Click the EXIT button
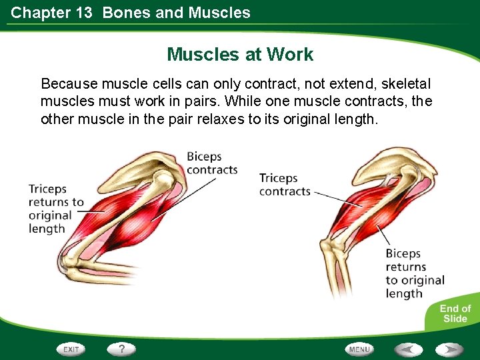(x=71, y=349)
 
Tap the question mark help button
(x=121, y=349)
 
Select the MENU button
(x=359, y=349)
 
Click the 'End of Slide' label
(x=455, y=313)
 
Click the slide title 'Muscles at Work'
(x=240, y=54)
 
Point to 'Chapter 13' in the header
(x=51, y=13)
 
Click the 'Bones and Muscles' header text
(x=177, y=13)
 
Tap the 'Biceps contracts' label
(x=211, y=163)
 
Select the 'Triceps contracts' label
(x=285, y=185)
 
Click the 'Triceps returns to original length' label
(x=56, y=209)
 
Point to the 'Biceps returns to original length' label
(x=414, y=273)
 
